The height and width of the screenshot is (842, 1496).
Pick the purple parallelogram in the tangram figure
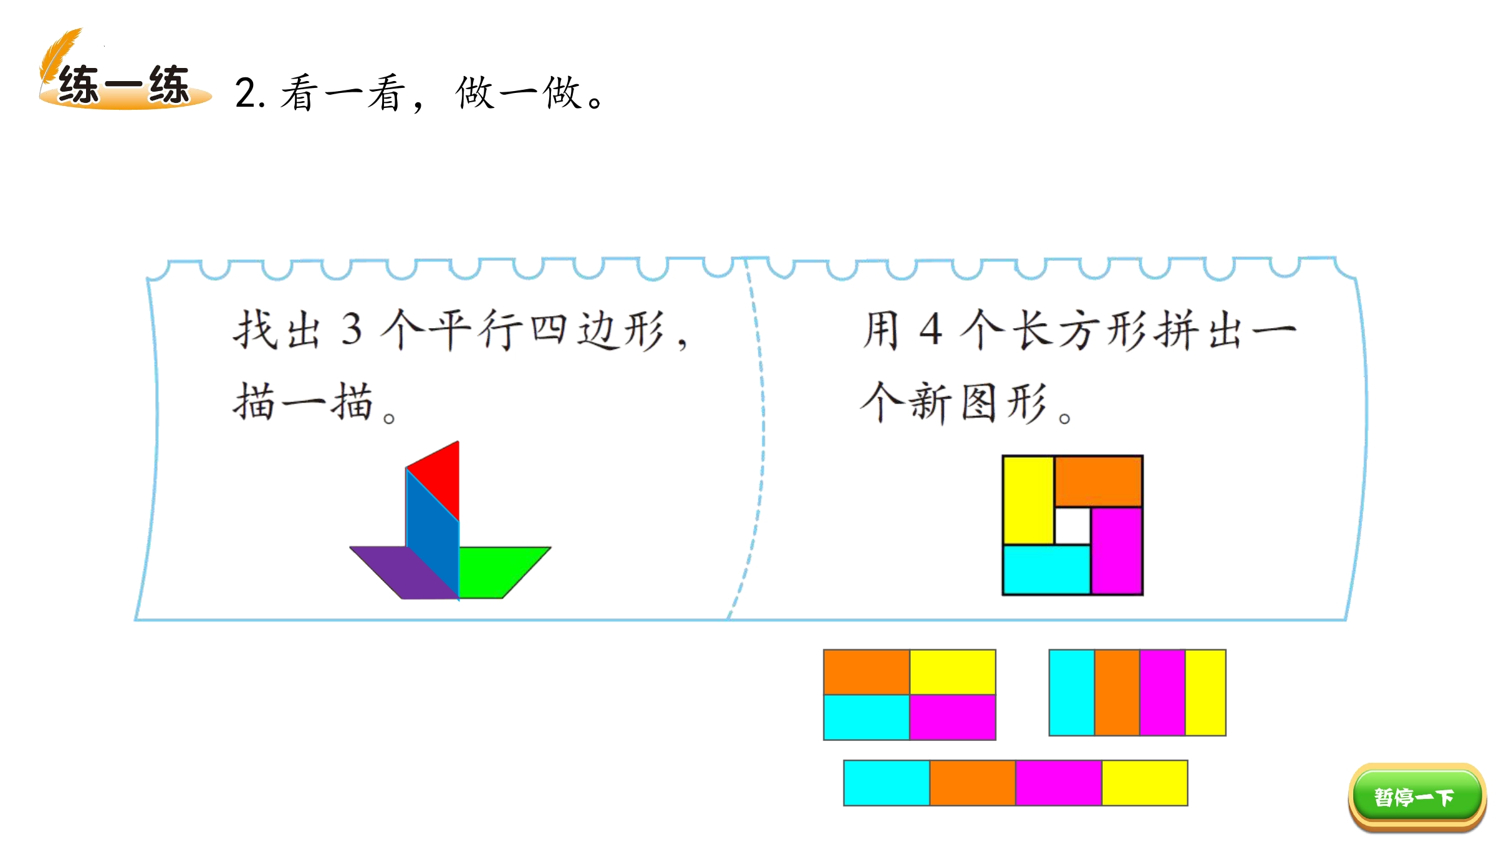coord(405,573)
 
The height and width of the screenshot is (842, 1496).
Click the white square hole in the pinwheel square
coord(1072,526)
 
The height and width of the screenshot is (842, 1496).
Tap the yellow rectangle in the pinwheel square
coord(1028,500)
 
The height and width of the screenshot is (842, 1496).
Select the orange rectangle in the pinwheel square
coord(1098,481)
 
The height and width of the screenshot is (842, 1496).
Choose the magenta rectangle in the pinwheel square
coord(1116,550)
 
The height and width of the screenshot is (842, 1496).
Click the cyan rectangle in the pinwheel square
coord(1047,569)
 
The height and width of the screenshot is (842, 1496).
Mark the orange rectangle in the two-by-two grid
coord(866,672)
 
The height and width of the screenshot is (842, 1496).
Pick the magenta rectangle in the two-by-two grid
coord(952,717)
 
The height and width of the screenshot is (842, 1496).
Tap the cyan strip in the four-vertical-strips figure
coord(1072,692)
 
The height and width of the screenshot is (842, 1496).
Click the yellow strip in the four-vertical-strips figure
coord(1206,692)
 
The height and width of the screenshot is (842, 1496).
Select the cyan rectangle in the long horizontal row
coord(887,783)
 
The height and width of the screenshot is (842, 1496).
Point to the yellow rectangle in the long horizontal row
coord(1144,783)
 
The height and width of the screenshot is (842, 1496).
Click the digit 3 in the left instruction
coord(352,329)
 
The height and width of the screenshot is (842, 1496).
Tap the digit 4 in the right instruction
coord(931,329)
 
